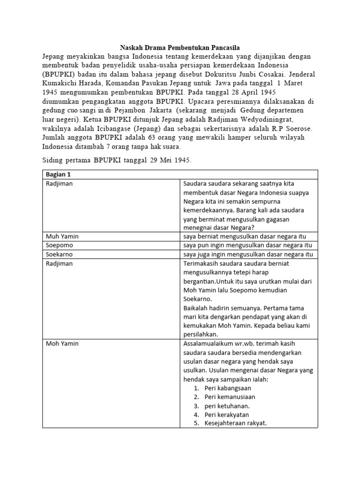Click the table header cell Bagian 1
(57, 174)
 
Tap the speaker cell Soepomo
(60, 245)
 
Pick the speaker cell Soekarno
(60, 254)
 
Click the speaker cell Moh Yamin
(62, 344)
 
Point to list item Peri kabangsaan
(228, 388)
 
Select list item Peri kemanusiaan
(230, 397)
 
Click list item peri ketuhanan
(226, 406)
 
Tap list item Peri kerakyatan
(226, 415)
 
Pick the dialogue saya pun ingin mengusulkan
(248, 245)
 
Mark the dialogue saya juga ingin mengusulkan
(248, 254)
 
